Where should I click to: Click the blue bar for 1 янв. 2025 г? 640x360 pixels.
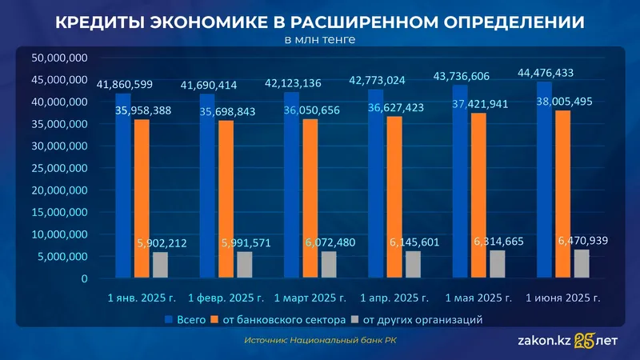pos(122,192)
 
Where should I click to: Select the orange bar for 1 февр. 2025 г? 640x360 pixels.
pos(226,200)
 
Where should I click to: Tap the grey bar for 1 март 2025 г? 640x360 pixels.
pos(329,265)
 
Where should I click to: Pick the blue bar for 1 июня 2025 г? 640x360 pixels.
pos(544,184)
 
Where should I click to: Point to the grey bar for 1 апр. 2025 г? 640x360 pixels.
pos(413,265)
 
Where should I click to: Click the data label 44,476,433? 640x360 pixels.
pos(546,72)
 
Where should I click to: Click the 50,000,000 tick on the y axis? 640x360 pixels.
pos(58,58)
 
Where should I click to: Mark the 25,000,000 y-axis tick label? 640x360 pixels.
pos(58,169)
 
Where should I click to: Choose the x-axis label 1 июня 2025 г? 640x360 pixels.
pos(562,298)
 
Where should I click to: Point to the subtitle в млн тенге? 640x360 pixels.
pos(319,38)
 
